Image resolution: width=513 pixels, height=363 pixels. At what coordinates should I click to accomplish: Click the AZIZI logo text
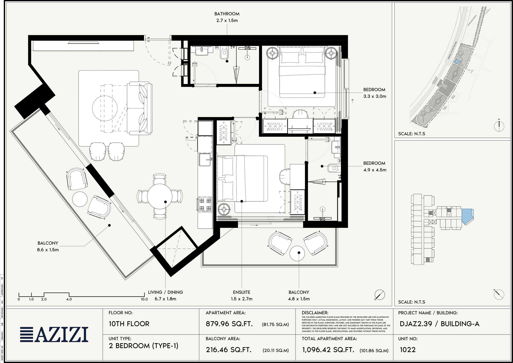tap(62, 335)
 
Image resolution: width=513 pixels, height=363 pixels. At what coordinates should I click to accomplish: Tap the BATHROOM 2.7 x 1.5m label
tap(227, 17)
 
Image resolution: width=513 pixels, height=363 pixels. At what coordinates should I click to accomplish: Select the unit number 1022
tap(408, 350)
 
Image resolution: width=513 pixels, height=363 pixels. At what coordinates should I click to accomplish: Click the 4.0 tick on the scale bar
tap(69, 299)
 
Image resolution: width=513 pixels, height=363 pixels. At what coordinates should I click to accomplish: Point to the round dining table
tap(160, 196)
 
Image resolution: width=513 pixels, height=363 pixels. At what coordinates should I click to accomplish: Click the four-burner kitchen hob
tap(205, 204)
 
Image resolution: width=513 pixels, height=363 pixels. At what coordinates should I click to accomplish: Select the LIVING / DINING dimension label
tap(165, 296)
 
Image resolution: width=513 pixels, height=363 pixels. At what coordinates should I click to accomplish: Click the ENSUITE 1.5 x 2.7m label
tap(242, 296)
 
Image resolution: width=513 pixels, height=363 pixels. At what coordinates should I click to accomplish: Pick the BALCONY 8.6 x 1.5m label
tap(48, 246)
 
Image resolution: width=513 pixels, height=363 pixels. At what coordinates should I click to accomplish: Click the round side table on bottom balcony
tap(297, 253)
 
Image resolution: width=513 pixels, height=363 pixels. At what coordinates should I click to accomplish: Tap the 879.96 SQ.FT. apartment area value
tap(229, 324)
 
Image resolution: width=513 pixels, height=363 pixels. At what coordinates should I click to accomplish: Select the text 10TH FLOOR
tap(129, 324)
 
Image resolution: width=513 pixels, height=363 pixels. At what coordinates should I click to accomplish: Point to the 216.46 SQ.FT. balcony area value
tap(229, 350)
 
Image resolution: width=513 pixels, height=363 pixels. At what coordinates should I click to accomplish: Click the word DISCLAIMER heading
tap(315, 313)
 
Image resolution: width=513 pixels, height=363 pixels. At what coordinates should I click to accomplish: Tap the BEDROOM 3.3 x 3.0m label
tap(374, 93)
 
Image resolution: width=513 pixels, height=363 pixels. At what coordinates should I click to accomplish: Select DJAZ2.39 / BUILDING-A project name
tap(439, 324)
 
